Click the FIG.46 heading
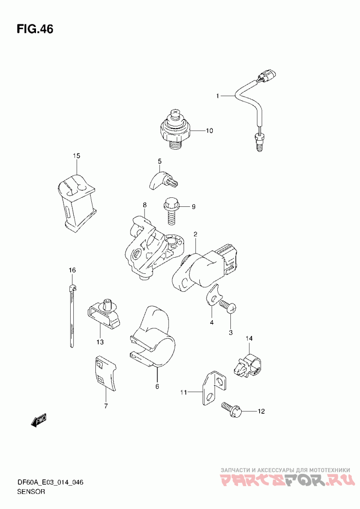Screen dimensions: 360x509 [x=35, y=29]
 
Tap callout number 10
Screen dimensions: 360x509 [x=209, y=131]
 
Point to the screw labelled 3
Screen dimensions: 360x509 [x=228, y=307]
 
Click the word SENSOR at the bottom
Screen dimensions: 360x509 [x=31, y=491]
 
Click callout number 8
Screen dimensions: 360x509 [x=144, y=205]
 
